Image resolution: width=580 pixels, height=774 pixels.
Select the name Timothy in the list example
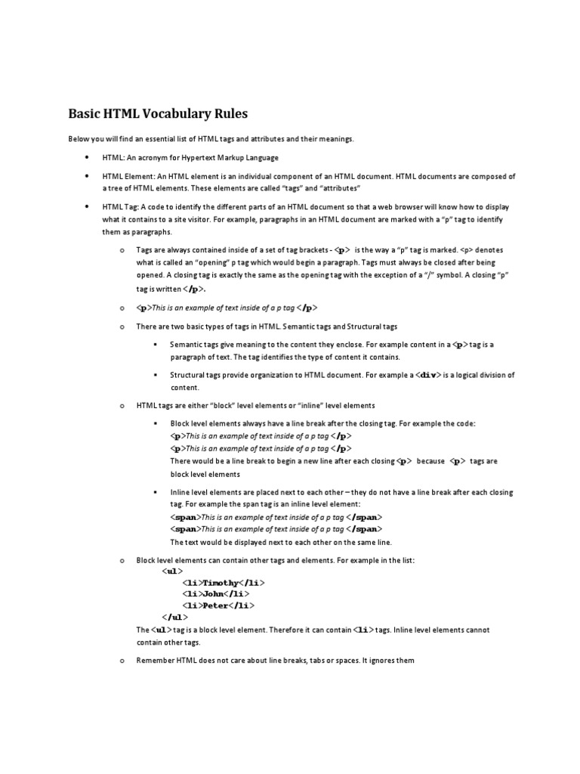[x=220, y=583]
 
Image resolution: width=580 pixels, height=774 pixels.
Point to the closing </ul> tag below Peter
[x=174, y=617]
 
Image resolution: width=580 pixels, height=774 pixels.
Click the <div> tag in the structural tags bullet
[x=428, y=375]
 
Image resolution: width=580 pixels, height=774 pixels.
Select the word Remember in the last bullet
[x=154, y=661]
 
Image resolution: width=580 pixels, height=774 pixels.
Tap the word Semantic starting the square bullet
[x=186, y=345]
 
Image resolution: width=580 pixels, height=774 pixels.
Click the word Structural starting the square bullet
[x=187, y=375]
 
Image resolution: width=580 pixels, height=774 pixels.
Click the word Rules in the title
[x=229, y=114]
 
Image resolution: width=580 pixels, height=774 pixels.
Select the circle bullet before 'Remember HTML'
[x=121, y=661]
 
